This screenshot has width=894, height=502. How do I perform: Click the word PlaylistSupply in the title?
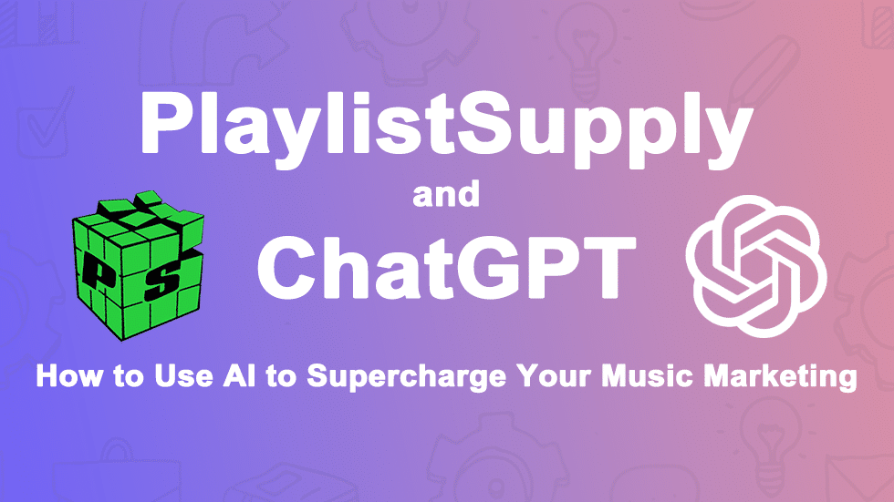pyautogui.click(x=447, y=126)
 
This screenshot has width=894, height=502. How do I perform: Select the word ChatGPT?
pyautogui.click(x=446, y=265)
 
